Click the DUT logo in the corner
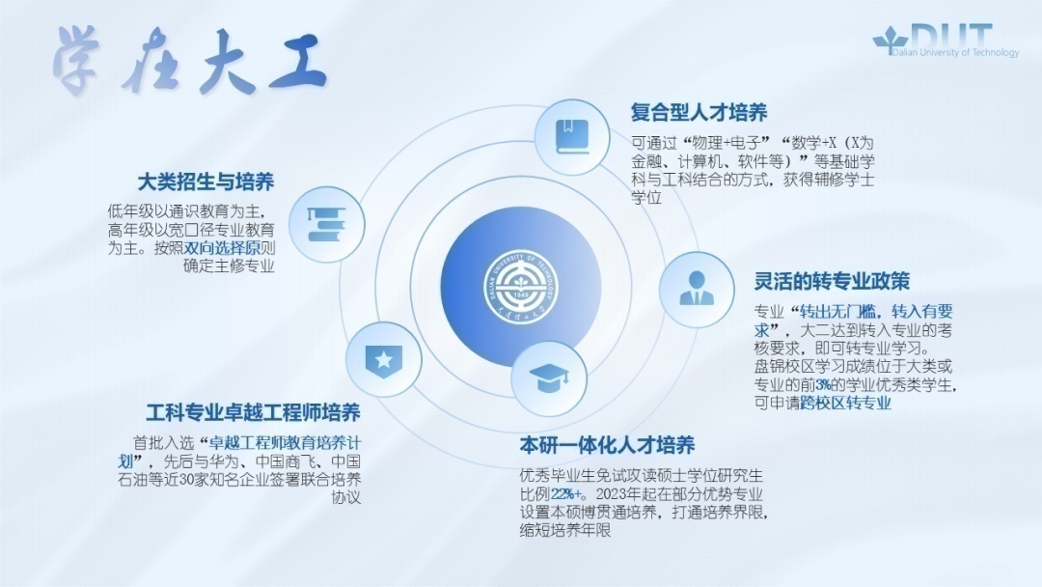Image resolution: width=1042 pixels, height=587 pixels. [x=946, y=39]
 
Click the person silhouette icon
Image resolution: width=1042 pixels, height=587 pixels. [x=697, y=288]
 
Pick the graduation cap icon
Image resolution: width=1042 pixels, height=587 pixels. [x=549, y=377]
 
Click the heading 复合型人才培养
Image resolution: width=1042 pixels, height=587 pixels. [x=699, y=113]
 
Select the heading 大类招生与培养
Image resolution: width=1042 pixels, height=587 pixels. [x=206, y=182]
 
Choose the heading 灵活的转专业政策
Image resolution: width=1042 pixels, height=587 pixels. [x=832, y=281]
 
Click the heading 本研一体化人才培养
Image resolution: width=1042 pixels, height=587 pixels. [x=607, y=445]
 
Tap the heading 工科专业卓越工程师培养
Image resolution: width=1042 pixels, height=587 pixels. [x=253, y=413]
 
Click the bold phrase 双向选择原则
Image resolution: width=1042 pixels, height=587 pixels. [x=229, y=248]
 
